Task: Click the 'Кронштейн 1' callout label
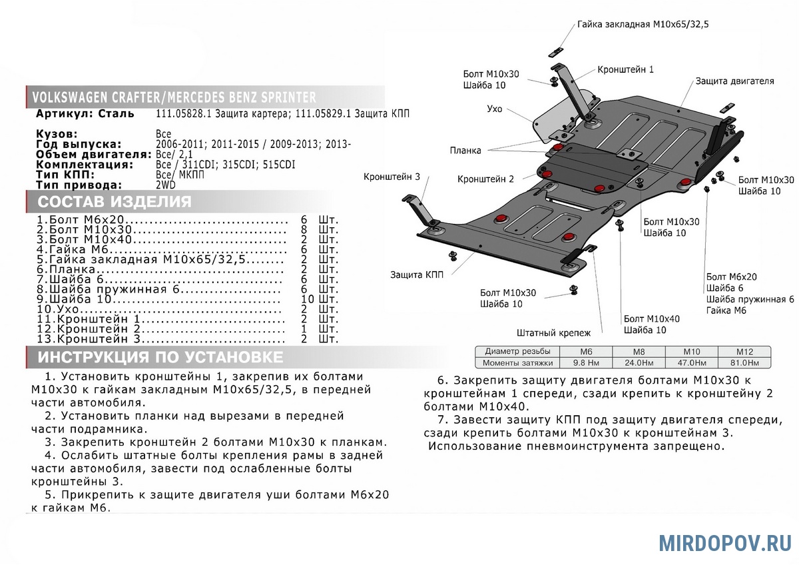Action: pos(625,69)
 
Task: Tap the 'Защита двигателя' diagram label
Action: pos(734,81)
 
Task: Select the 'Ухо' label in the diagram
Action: pos(494,108)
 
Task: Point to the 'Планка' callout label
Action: pos(465,151)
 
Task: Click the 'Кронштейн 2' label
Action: pos(485,179)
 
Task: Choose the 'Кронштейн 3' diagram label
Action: pos(392,177)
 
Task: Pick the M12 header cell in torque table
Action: pos(744,351)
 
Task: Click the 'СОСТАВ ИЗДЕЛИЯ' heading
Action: pos(114,202)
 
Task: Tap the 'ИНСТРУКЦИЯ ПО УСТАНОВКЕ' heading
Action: pos(160,357)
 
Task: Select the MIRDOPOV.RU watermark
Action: pos(725,542)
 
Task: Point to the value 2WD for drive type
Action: pos(167,185)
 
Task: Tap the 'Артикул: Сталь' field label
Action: pos(85,114)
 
